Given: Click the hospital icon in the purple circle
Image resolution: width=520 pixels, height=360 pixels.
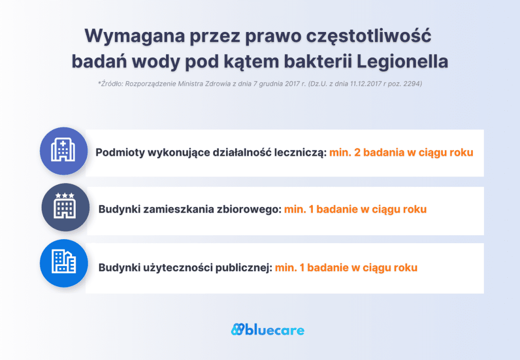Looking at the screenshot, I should [x=63, y=151].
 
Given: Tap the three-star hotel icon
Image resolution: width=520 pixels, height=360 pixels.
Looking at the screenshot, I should [x=64, y=207].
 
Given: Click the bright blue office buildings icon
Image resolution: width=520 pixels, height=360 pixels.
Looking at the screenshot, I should [x=63, y=263].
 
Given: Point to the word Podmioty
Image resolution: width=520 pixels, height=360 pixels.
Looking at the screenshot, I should [x=119, y=153].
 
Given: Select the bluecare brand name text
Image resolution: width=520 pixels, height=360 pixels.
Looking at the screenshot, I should [x=275, y=331].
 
